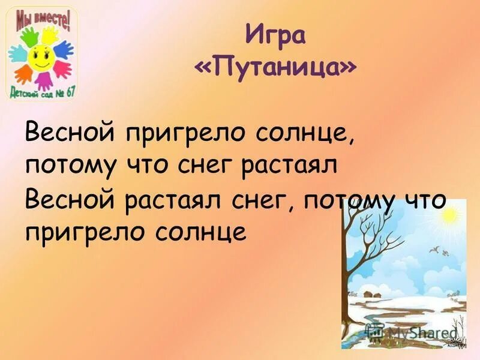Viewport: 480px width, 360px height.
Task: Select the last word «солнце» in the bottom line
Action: point(198,232)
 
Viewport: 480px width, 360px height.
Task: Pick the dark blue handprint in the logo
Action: point(62,49)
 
